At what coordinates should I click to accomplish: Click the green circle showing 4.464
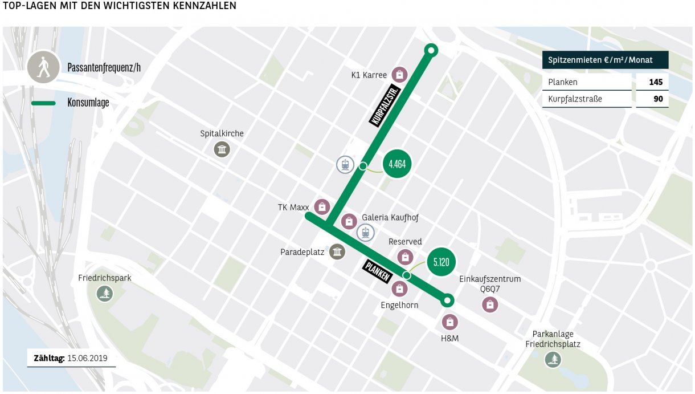pos(396,164)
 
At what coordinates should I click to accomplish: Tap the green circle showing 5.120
pos(441,262)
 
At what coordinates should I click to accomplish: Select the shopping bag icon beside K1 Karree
pos(400,75)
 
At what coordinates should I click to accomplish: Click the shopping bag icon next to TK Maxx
pos(322,207)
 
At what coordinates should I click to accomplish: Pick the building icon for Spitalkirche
pos(222,149)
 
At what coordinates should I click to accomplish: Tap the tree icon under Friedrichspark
pos(105,294)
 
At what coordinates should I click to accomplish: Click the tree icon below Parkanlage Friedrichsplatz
pos(553,359)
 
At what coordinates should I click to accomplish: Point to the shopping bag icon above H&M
pos(450,323)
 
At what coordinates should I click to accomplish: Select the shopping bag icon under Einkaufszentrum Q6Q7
pos(489,304)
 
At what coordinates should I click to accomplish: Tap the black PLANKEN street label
pos(377,271)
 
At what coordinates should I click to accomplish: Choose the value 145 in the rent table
pos(655,82)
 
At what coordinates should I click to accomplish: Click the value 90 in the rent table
pos(658,99)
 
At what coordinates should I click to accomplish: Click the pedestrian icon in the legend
pos(43,68)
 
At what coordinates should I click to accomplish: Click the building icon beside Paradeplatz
pos(338,251)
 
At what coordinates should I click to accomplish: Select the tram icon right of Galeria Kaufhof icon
pos(366,232)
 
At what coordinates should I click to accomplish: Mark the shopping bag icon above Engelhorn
pos(400,289)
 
